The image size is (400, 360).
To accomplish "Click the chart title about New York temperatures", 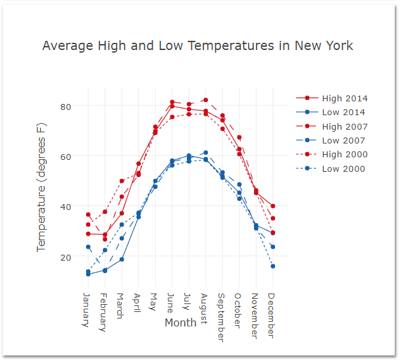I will coord(197,46).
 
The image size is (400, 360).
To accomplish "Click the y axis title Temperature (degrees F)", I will coord(42,186).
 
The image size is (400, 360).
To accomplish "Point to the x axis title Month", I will coord(180,322).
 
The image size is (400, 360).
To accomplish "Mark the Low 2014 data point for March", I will coord(122,259).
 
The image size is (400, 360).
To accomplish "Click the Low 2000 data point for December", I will coord(272,266).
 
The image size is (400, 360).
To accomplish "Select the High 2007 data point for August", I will coord(205,100).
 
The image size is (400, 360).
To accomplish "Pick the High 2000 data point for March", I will coord(122,181).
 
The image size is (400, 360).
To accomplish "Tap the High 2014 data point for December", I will coord(272,206).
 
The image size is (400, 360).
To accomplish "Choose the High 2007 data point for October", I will coord(239,138).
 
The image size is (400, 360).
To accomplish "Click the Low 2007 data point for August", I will coord(205,153).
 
